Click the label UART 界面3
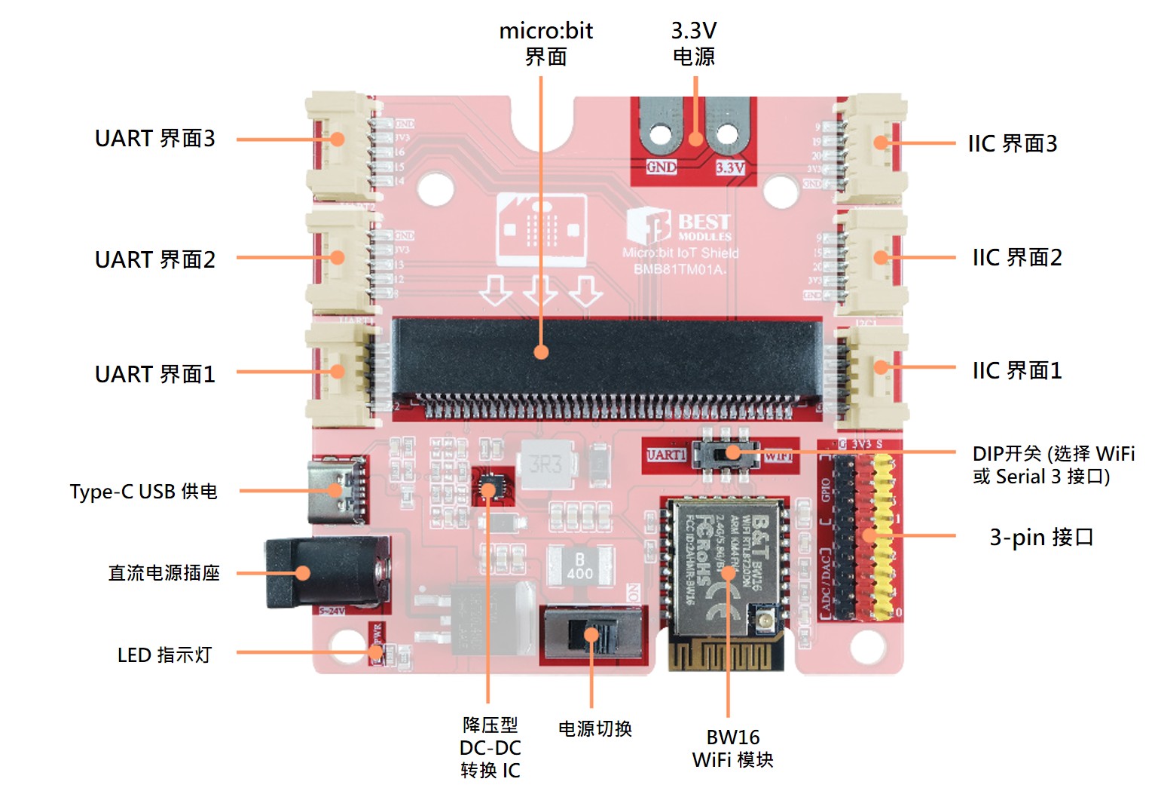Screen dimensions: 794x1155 pos(154,139)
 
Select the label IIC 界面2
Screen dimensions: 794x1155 pos(1016,258)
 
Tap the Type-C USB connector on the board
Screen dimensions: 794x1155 pos(337,490)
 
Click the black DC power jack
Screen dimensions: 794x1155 pos(324,573)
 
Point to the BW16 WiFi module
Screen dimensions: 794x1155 pos(725,573)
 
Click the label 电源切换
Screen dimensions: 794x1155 pos(594,728)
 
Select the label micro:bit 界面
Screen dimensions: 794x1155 pos(545,44)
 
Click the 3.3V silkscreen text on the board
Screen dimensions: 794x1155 pos(729,167)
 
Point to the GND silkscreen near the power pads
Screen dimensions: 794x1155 pos(661,167)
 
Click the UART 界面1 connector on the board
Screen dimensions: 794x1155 pos(339,373)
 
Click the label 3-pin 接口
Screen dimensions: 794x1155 pos(1040,537)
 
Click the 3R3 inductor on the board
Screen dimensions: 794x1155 pos(545,464)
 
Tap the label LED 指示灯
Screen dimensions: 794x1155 pos(164,655)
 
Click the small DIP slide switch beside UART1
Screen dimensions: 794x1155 pos(726,454)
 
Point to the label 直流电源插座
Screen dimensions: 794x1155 pos(163,573)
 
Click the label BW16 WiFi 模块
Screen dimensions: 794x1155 pos(732,748)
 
